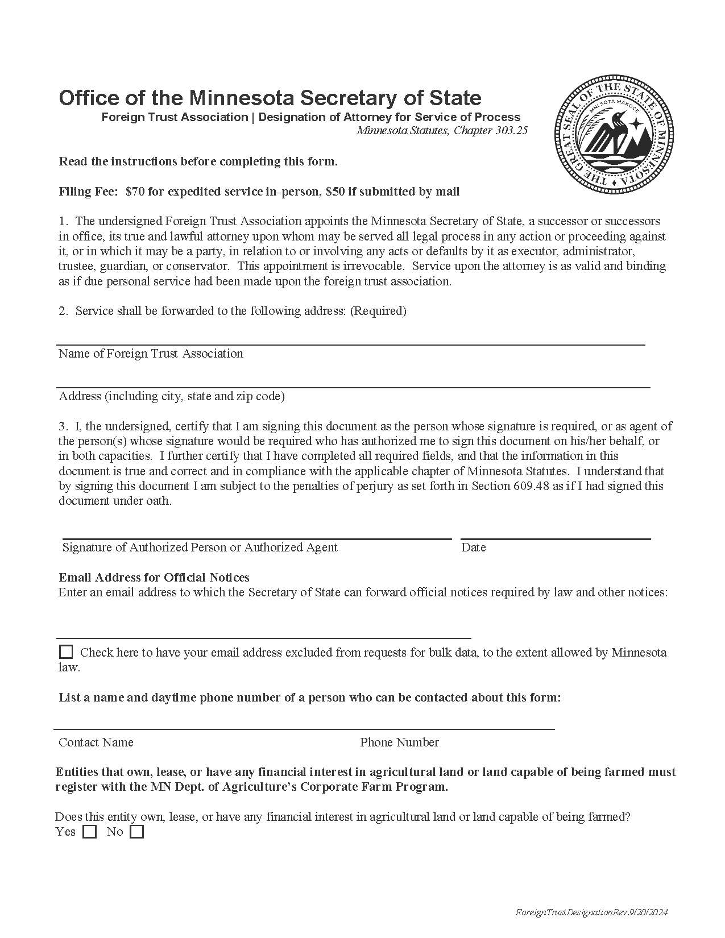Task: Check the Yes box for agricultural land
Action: pyautogui.click(x=90, y=832)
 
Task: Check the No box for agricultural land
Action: pyautogui.click(x=137, y=832)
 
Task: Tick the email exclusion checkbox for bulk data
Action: pyautogui.click(x=66, y=651)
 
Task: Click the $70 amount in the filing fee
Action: pyautogui.click(x=135, y=192)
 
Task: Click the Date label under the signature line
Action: pyautogui.click(x=473, y=547)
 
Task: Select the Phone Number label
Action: pyautogui.click(x=399, y=742)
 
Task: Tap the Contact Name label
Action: pyautogui.click(x=96, y=742)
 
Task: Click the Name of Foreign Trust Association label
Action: pyautogui.click(x=151, y=354)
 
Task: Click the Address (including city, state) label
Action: pyautogui.click(x=172, y=396)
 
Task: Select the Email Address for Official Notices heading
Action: pyautogui.click(x=154, y=578)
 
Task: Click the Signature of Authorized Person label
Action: pyautogui.click(x=200, y=547)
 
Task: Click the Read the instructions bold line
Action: pyautogui.click(x=198, y=161)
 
